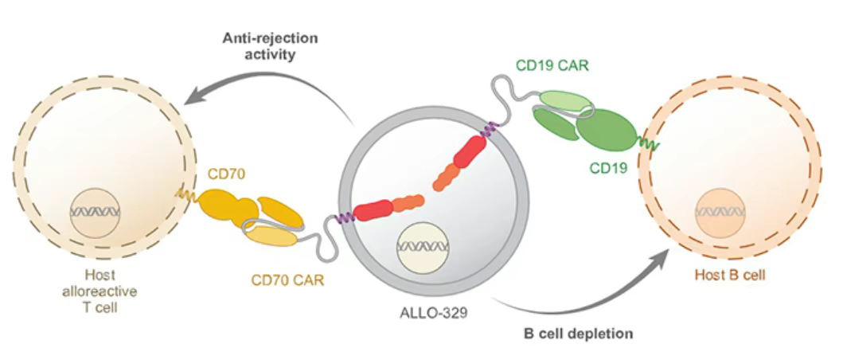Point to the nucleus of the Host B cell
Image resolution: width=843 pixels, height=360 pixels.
coord(720,212)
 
